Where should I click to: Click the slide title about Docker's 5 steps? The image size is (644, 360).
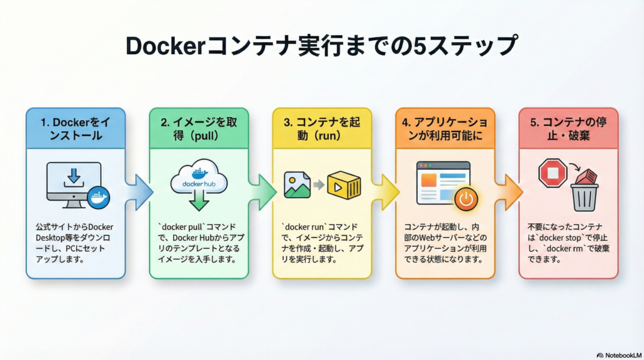click(321, 47)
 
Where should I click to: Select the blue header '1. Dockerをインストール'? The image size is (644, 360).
click(75, 127)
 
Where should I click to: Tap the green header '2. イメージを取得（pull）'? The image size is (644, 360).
click(199, 127)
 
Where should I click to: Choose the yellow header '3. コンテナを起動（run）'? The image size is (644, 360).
click(321, 127)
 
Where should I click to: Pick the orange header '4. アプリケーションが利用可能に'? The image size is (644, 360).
click(445, 127)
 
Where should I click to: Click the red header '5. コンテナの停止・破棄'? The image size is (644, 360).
click(568, 127)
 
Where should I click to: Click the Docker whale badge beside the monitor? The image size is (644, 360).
click(99, 197)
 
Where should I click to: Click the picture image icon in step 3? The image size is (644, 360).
click(297, 185)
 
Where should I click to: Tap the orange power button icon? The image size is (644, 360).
click(466, 200)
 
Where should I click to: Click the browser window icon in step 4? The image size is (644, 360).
click(442, 183)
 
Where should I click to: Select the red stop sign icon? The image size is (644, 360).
click(553, 173)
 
